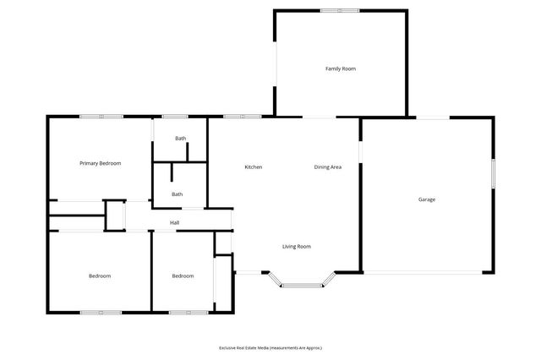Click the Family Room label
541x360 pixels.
[x=341, y=68]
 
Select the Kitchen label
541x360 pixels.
[x=254, y=167]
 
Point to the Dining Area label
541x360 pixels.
[x=328, y=167]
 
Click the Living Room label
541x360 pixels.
[x=297, y=247]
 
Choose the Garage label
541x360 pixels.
[x=427, y=199]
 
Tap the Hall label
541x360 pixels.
[x=174, y=223]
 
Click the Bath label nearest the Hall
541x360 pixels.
[x=177, y=194]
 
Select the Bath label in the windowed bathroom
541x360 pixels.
[x=180, y=139]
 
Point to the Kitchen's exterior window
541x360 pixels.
[x=236, y=117]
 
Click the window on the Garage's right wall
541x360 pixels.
[x=494, y=173]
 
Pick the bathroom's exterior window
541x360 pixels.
[x=175, y=117]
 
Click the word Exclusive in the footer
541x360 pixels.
[x=227, y=347]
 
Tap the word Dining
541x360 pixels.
[x=321, y=167]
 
